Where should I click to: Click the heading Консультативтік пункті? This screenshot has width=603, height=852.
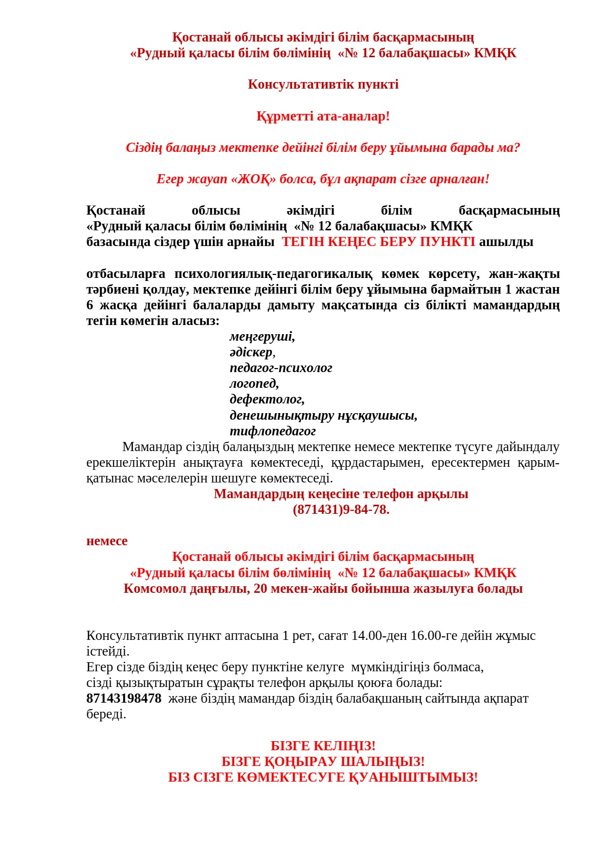pyautogui.click(x=323, y=85)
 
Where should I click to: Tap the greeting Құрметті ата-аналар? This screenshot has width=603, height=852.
pyautogui.click(x=323, y=116)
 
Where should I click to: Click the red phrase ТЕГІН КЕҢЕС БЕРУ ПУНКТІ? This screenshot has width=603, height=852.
pyautogui.click(x=379, y=242)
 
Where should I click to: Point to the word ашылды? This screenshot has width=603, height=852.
pyautogui.click(x=506, y=242)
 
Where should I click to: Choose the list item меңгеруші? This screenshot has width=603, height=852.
pyautogui.click(x=262, y=337)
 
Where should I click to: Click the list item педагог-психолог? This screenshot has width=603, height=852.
pyautogui.click(x=281, y=368)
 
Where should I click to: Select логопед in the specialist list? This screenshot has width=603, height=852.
pyautogui.click(x=254, y=384)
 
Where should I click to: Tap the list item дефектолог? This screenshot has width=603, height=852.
pyautogui.click(x=267, y=399)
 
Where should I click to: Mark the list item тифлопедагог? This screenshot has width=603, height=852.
pyautogui.click(x=273, y=431)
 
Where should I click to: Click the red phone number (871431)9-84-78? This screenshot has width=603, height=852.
pyautogui.click(x=341, y=510)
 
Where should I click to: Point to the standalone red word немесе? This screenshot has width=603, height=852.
pyautogui.click(x=107, y=541)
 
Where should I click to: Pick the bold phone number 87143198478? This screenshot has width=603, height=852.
pyautogui.click(x=124, y=699)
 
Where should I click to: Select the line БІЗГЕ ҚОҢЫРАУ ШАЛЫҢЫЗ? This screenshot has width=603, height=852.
pyautogui.click(x=323, y=762)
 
